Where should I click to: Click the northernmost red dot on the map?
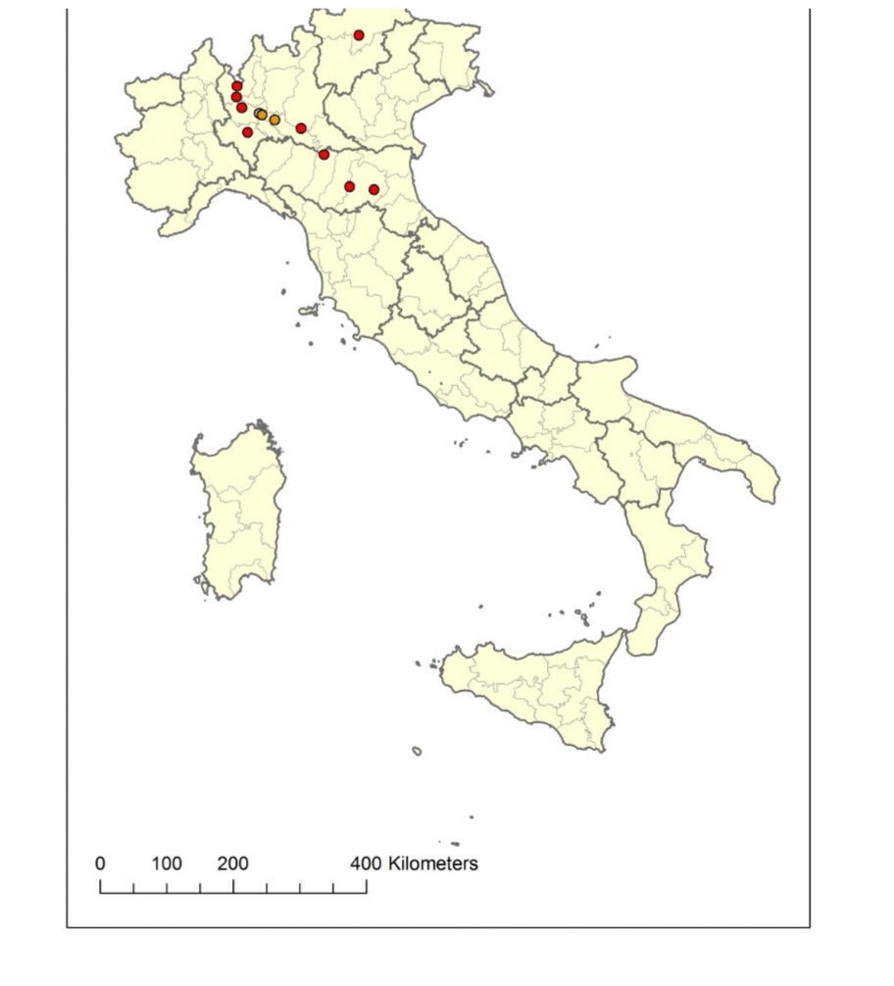[x=359, y=35]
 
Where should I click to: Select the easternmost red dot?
[x=373, y=189]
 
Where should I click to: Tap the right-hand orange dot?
[x=274, y=120]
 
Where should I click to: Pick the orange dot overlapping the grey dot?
[x=263, y=115]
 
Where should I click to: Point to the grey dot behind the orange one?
[x=258, y=114]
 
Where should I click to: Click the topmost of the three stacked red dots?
[x=237, y=86]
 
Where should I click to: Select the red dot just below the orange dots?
[x=247, y=132]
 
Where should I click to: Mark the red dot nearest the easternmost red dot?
[x=349, y=186]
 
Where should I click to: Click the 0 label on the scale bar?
[x=100, y=864]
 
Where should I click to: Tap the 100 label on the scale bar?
[x=167, y=864]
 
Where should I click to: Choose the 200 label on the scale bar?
[x=233, y=864]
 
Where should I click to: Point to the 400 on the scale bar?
[x=366, y=864]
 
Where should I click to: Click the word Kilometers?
[x=433, y=864]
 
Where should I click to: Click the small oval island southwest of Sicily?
[x=417, y=751]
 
